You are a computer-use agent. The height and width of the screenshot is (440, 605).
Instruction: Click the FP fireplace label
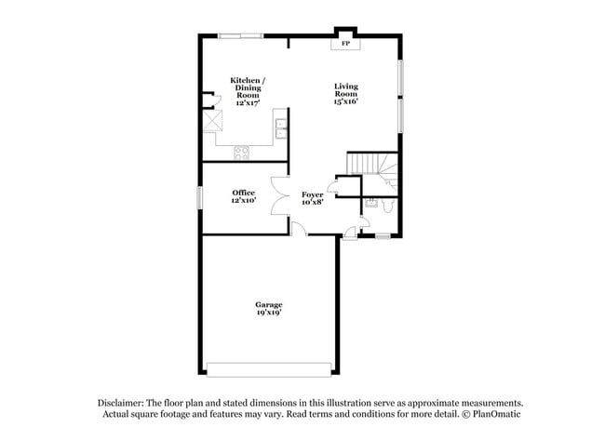(x=345, y=44)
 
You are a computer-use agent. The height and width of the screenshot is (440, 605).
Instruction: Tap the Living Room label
(x=346, y=90)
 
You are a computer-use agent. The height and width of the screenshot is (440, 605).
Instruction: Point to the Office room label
(x=243, y=193)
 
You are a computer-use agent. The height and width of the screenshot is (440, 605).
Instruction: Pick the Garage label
(x=269, y=304)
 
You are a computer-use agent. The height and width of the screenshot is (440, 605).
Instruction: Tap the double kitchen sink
(x=282, y=130)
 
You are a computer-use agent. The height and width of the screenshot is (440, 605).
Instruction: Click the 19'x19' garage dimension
(x=269, y=313)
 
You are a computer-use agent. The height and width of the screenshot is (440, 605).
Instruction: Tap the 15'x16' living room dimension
(x=346, y=101)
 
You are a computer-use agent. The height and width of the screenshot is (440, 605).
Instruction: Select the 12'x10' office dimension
(x=243, y=201)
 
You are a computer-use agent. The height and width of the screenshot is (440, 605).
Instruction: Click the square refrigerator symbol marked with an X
(x=215, y=121)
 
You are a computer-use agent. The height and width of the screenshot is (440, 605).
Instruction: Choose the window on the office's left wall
(x=200, y=197)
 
